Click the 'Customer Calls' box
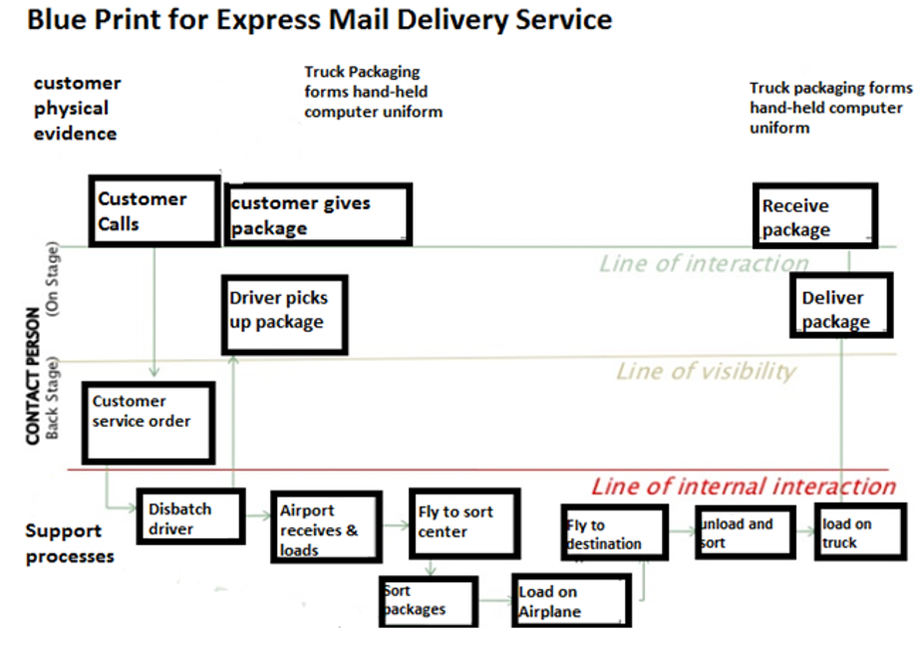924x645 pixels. click(x=154, y=211)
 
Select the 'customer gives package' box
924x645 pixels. click(x=317, y=214)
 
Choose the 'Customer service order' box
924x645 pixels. click(x=148, y=421)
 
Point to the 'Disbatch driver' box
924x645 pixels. click(x=189, y=516)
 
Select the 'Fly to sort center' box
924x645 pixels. click(x=462, y=522)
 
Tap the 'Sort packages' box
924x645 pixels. click(x=427, y=601)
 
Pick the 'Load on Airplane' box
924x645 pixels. click(x=570, y=601)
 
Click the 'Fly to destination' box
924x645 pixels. click(x=613, y=533)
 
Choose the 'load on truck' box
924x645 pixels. click(x=859, y=532)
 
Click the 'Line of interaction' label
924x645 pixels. click(x=704, y=264)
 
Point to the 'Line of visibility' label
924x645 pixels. click(x=706, y=372)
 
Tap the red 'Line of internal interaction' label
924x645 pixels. click(x=743, y=486)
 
